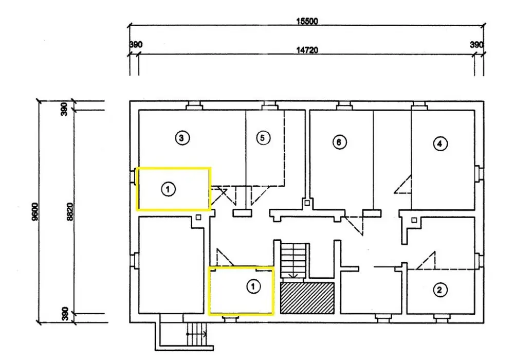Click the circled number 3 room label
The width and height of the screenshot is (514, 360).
(x=182, y=138)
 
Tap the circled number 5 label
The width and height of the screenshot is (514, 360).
(x=262, y=138)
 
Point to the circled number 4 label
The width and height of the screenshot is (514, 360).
(x=439, y=143)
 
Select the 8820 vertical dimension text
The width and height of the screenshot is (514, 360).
(x=70, y=212)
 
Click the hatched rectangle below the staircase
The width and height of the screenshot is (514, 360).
(x=307, y=297)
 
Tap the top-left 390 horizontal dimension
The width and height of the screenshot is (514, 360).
(x=135, y=45)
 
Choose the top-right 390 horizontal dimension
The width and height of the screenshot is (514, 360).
(x=477, y=45)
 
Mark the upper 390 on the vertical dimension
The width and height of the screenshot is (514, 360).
(x=65, y=109)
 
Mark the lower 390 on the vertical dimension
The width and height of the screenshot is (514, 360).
(x=65, y=314)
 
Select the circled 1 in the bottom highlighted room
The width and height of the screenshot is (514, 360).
(x=253, y=286)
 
